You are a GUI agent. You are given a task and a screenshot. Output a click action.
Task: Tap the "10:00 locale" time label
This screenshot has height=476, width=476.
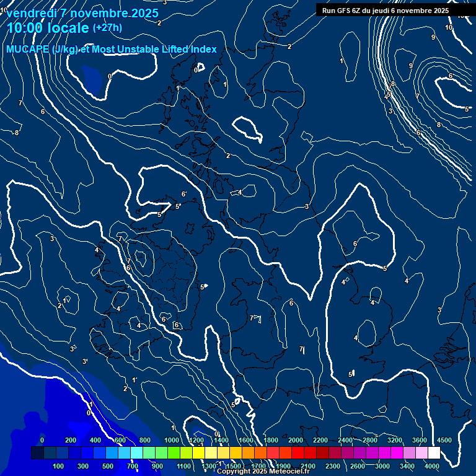click(48, 28)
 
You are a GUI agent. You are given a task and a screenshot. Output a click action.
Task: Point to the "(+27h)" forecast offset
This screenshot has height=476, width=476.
click(107, 28)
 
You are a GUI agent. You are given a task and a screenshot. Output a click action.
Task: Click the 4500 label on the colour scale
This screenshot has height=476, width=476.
click(444, 440)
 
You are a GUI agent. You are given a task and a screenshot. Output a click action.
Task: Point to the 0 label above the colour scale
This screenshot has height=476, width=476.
click(42, 440)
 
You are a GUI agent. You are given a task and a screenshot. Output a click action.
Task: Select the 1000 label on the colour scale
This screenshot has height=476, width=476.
click(172, 440)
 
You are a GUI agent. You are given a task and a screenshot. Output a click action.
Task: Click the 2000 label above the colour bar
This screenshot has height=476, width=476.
click(296, 440)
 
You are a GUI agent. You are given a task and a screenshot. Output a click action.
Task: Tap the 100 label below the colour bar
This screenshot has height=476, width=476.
click(59, 466)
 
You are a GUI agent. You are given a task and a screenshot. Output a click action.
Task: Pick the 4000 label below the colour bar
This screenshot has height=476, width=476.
click(432, 466)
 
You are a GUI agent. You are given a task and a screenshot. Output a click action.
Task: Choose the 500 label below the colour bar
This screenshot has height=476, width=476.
click(108, 466)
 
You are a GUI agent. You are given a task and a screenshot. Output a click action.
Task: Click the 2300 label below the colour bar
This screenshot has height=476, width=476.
click(333, 466)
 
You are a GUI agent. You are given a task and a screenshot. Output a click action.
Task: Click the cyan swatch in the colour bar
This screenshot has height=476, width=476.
click(136, 453)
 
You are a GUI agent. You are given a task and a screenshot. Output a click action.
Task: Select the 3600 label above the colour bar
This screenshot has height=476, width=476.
click(420, 440)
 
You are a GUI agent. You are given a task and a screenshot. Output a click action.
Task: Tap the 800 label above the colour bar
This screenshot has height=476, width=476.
click(145, 440)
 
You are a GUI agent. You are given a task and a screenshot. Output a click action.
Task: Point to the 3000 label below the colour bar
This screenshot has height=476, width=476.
click(382, 466)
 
